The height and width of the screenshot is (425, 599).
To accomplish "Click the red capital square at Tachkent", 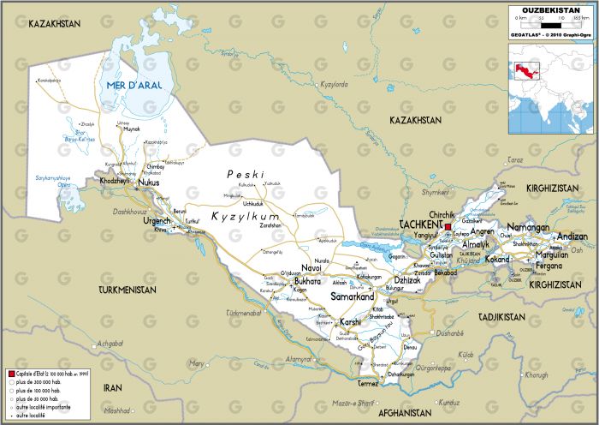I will point(448,226).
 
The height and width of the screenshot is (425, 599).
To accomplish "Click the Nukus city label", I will point(149,182).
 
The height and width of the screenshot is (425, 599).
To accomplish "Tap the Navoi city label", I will point(311,266).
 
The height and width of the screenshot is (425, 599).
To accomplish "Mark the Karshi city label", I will point(350,322).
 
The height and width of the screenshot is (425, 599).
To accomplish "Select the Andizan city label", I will point(572,236).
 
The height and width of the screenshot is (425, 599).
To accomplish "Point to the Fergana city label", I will point(531,266).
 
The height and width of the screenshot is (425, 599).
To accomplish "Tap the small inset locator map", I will point(550,89).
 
